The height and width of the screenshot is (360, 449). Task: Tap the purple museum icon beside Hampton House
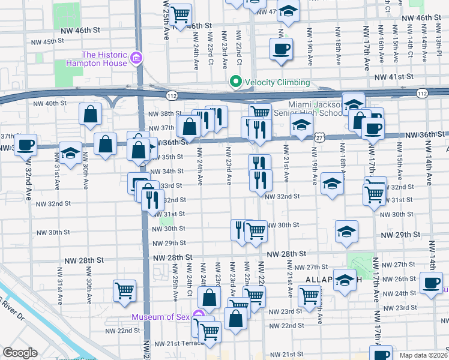pos(136,58)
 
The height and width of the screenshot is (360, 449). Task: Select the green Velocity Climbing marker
pos(236,82)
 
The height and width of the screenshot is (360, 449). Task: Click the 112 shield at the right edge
pos(422,93)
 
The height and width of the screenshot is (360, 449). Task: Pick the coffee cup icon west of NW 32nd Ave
pos(25,145)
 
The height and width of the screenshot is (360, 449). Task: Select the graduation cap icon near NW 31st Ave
pos(70,153)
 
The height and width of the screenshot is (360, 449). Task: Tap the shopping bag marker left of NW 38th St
pos(90,113)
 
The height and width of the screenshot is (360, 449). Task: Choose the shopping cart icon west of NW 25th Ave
pos(124,290)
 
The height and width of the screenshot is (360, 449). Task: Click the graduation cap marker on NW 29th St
pos(346,230)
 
